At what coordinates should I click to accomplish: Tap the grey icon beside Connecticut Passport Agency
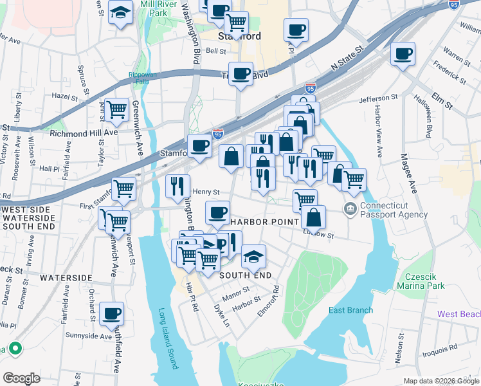350,208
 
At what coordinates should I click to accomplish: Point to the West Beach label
458,314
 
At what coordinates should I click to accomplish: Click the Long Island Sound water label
168,339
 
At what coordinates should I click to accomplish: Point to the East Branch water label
350,311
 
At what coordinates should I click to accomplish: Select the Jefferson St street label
374,98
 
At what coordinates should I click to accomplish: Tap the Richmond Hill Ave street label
84,133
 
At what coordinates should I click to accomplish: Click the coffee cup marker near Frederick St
403,54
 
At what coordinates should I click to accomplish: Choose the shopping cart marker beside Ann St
116,110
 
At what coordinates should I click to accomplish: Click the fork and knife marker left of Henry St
177,187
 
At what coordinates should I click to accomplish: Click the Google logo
22,378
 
